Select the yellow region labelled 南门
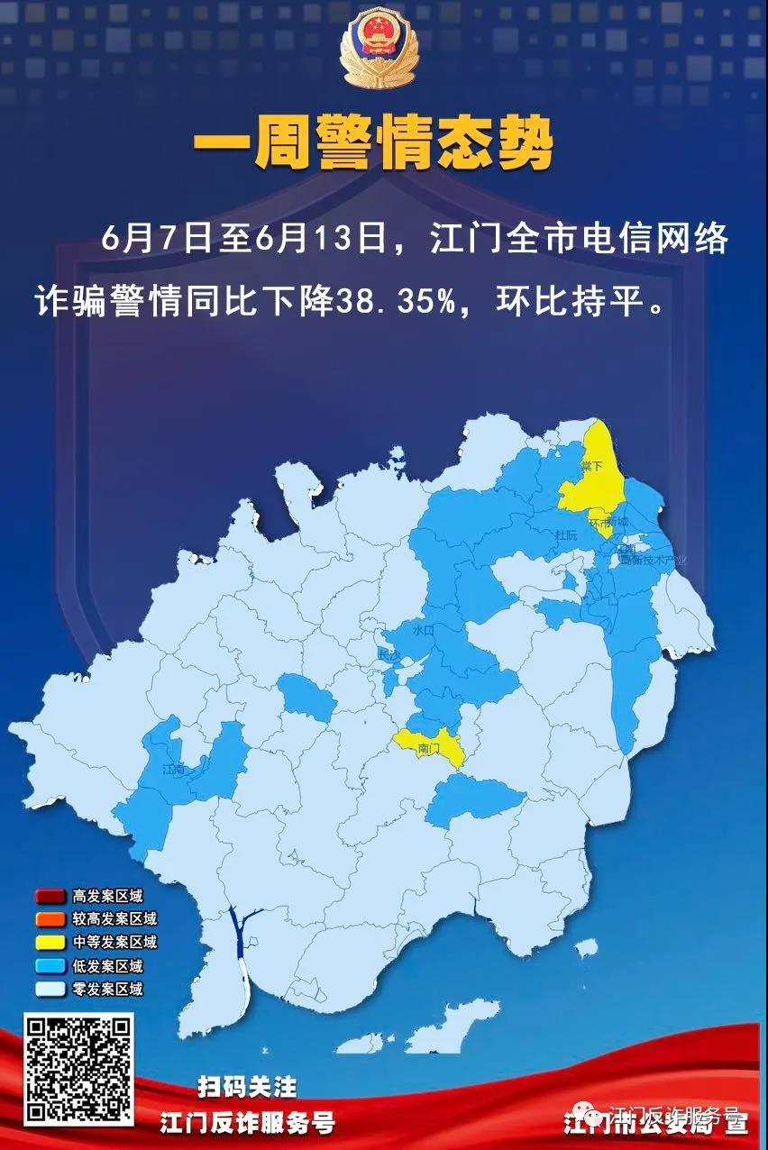(x=430, y=747)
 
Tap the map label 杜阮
(x=565, y=535)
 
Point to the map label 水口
(x=423, y=632)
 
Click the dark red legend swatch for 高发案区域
(x=49, y=897)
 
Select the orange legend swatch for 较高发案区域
(x=49, y=919)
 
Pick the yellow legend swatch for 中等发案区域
(x=49, y=943)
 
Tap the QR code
(x=78, y=1069)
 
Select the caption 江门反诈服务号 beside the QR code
(x=248, y=1123)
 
